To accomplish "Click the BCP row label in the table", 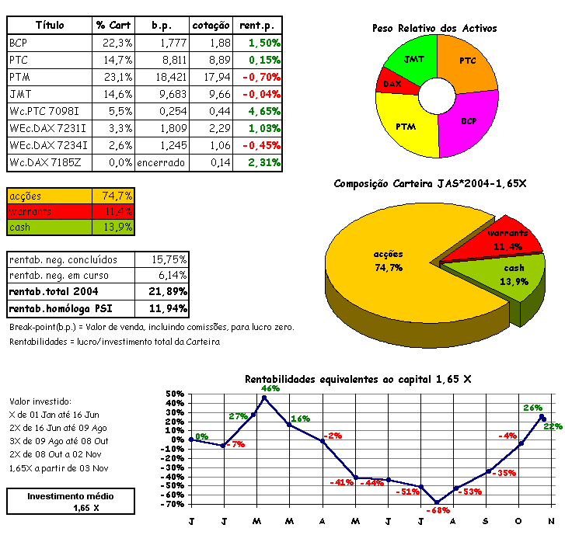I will pyautogui.click(x=18, y=43).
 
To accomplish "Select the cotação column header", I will pyautogui.click(x=211, y=26).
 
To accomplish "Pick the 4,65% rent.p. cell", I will pyautogui.click(x=263, y=111).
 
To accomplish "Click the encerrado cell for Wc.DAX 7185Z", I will pyautogui.click(x=161, y=162).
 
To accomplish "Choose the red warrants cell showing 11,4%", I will pyautogui.click(x=113, y=211).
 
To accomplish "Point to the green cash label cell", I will pyautogui.click(x=49, y=228).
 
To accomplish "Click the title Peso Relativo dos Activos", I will pyautogui.click(x=434, y=28).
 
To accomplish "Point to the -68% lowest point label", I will pyautogui.click(x=439, y=510).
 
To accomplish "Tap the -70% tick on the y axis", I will pyautogui.click(x=175, y=504).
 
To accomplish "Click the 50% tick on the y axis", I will pyautogui.click(x=176, y=394).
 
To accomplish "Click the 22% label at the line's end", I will pyautogui.click(x=553, y=426).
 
